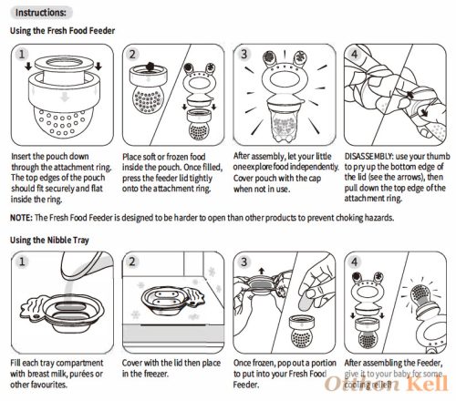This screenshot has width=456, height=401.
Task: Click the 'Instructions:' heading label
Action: point(41,13)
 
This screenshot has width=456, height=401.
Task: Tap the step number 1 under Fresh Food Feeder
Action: point(22,54)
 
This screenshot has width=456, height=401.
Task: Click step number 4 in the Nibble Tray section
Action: point(355,262)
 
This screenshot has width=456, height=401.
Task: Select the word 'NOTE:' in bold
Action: point(21,218)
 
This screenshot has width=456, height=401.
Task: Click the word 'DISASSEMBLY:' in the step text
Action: point(368,156)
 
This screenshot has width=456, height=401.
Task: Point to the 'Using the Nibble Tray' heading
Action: point(49,241)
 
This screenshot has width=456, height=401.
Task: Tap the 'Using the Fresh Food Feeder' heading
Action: point(63,31)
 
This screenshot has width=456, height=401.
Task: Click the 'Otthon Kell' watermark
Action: point(387,384)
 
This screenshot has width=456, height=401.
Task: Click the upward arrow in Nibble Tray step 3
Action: point(262,271)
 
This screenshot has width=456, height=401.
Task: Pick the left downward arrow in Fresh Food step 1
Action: point(28,67)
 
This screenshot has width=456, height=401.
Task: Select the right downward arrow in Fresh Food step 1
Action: point(98,66)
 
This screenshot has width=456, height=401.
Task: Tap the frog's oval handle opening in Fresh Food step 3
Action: point(284,81)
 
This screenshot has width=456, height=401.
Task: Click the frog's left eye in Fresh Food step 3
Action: point(269,57)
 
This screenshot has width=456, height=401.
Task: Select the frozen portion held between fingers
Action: point(306,301)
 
